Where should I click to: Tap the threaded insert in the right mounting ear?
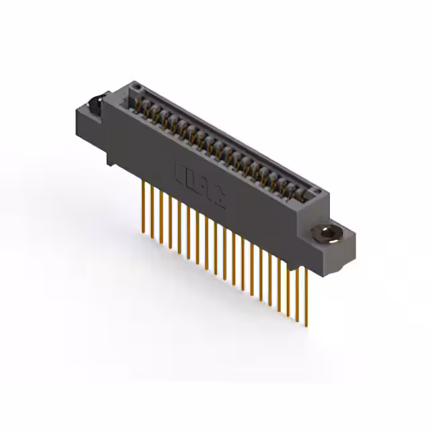pyautogui.click(x=327, y=234)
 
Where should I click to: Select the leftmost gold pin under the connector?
pyautogui.click(x=143, y=205)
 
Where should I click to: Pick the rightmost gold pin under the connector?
pyautogui.click(x=306, y=296)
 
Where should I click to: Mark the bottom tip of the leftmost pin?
pyautogui.click(x=143, y=232)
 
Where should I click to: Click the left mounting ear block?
pyautogui.click(x=91, y=118)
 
